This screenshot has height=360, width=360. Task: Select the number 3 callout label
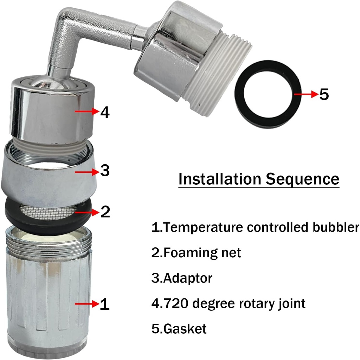(105, 171)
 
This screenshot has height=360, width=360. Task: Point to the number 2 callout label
(105, 212)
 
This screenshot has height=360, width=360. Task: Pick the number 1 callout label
(105, 304)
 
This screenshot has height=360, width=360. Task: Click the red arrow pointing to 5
(305, 94)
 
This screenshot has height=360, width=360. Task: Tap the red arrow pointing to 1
(86, 304)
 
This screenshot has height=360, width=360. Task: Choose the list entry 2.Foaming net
(196, 253)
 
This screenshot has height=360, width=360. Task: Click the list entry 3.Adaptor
(182, 278)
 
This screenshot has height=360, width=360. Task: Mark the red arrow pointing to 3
(86, 172)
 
